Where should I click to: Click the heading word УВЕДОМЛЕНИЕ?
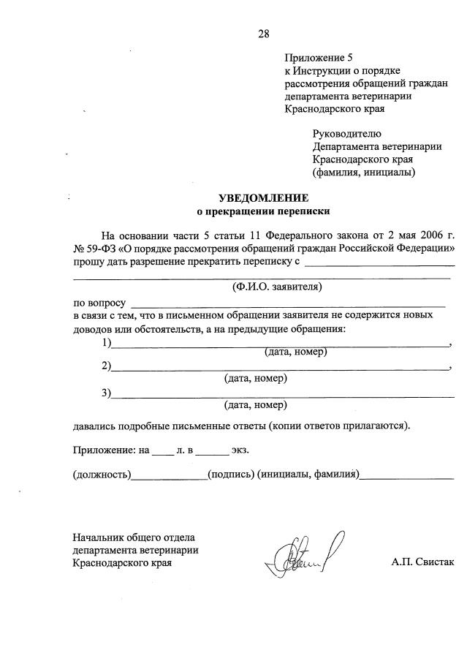[x=264, y=198]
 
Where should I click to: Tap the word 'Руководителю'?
[x=346, y=133]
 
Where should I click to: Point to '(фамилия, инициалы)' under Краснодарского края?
[x=364, y=173]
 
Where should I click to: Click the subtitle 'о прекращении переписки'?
[x=264, y=212]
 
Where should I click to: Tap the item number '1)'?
[x=107, y=343]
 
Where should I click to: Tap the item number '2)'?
[x=107, y=366]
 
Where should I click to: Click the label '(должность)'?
[x=102, y=475]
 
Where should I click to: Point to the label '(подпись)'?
[x=231, y=475]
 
